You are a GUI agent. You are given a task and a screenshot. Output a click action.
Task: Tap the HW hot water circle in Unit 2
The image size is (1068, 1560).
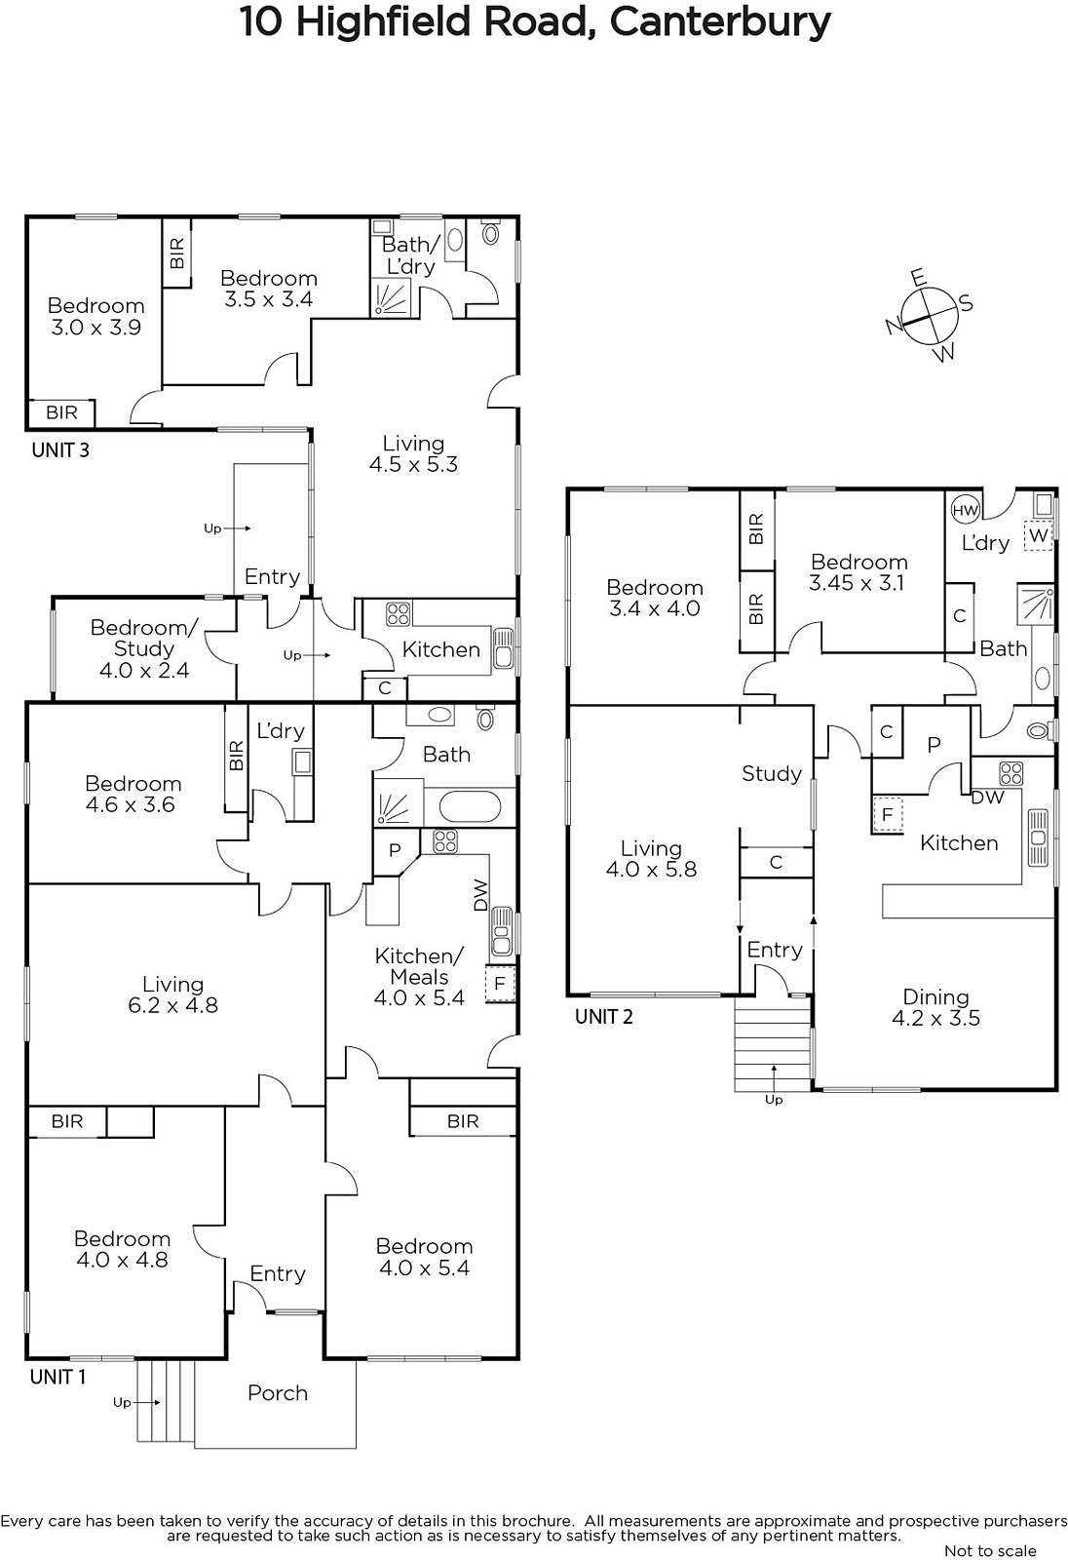click(x=965, y=510)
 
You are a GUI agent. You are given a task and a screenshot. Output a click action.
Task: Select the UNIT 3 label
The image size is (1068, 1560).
click(x=60, y=450)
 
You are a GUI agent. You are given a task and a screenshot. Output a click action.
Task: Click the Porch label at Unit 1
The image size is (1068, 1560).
click(x=277, y=1393)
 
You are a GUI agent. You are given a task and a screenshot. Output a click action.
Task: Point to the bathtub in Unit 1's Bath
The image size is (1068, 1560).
click(x=469, y=808)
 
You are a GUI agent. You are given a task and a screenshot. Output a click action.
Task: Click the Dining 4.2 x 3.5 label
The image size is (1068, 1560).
click(x=935, y=1007)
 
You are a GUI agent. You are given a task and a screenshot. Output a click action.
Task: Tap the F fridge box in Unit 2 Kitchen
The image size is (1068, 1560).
click(x=887, y=814)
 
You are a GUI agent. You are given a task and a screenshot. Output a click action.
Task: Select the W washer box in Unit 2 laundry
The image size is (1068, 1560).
click(x=1038, y=535)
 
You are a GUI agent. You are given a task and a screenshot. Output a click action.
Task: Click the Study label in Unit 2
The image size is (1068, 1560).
click(x=772, y=774)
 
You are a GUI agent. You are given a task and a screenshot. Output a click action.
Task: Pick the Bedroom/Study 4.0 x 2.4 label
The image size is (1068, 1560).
click(x=144, y=648)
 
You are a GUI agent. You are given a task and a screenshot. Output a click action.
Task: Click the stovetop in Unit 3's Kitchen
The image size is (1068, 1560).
click(x=399, y=614)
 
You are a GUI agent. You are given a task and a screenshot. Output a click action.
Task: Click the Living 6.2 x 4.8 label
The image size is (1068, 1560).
click(x=172, y=994)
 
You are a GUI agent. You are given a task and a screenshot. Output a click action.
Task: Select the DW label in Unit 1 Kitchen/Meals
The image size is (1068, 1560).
click(x=480, y=896)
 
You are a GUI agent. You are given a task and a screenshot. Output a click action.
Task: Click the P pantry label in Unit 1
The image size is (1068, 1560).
click(x=395, y=849)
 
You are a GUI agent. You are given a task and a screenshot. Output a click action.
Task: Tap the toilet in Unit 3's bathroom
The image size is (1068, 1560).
click(x=490, y=233)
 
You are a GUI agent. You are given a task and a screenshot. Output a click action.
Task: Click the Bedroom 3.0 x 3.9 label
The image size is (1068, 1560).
click(x=96, y=316)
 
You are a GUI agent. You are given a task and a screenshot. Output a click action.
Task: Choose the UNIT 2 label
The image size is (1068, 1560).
click(x=603, y=1017)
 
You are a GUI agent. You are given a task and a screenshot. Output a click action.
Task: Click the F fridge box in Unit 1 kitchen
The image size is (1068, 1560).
click(x=500, y=984)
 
